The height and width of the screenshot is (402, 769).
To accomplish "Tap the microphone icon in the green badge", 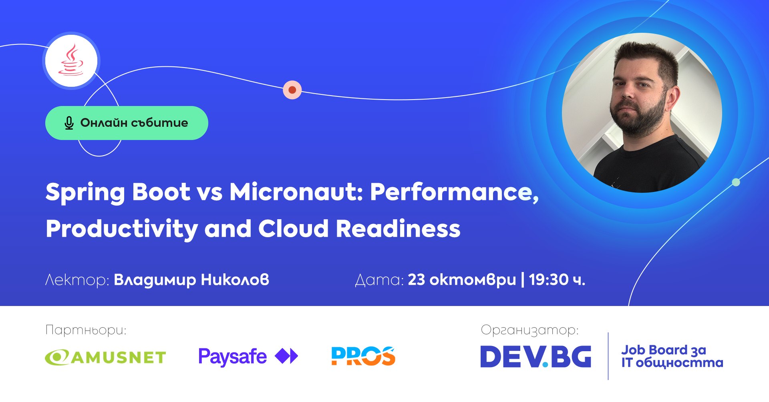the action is (x=69, y=123).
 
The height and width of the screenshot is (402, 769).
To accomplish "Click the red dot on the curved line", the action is (x=292, y=90).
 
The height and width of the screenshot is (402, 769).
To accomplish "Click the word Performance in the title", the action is (x=454, y=192).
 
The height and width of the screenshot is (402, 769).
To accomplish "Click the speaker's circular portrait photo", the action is (x=642, y=113).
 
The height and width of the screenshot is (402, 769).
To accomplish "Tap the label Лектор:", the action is (x=77, y=280).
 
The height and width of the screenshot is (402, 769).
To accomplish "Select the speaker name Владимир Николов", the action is (x=191, y=280).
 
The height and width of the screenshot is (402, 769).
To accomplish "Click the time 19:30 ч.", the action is (x=557, y=280).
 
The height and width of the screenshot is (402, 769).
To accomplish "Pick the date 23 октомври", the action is (x=462, y=280).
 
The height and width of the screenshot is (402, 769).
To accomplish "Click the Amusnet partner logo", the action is (x=105, y=357).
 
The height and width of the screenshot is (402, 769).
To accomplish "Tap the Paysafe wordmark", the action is (x=232, y=357).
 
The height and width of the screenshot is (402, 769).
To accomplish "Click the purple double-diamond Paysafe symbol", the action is (x=286, y=356).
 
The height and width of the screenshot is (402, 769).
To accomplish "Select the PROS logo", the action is (x=363, y=356).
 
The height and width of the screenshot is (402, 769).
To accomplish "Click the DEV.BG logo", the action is (x=535, y=356).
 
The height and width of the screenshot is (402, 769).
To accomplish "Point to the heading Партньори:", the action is (x=86, y=330).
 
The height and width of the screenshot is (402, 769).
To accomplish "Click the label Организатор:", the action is (x=529, y=330).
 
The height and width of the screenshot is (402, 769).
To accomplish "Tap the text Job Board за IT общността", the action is (x=672, y=356).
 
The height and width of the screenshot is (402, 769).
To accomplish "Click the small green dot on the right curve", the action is (x=736, y=182).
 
